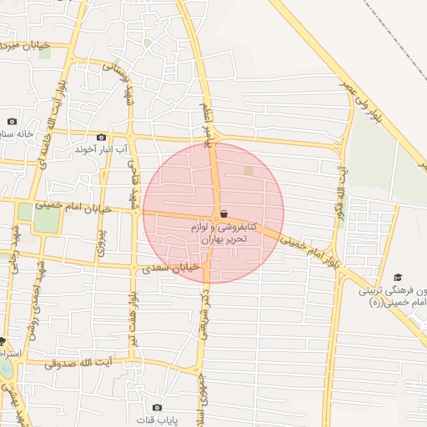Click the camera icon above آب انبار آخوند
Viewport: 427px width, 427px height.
click(102, 137)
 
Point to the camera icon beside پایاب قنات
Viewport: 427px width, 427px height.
click(157, 407)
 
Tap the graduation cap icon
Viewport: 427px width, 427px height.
click(398, 277)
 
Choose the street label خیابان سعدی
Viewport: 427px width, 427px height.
click(170, 268)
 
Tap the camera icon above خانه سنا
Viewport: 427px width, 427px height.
click(12, 121)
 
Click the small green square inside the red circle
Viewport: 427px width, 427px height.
click(249, 171)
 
